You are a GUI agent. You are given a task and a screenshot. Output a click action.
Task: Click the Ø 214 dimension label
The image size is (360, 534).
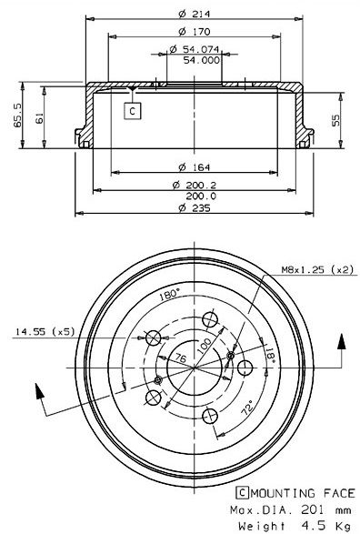click(x=195, y=14)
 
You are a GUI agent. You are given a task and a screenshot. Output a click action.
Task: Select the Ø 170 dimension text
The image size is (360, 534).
click(x=195, y=32)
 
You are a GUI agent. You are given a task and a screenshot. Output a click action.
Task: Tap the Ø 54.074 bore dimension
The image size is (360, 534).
click(x=195, y=49)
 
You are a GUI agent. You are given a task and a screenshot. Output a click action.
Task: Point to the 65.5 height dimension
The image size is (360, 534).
click(x=17, y=116)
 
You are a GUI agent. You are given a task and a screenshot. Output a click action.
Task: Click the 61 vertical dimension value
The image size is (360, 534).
click(x=39, y=118)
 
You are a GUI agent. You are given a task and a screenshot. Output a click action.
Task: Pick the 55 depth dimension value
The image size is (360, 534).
click(x=335, y=120)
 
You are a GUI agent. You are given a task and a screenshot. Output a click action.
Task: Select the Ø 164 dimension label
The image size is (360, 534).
click(x=195, y=167)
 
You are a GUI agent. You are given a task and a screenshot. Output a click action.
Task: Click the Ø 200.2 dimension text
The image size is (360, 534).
click(x=195, y=185)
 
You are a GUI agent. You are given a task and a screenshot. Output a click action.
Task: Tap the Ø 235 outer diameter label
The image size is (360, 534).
click(x=195, y=207)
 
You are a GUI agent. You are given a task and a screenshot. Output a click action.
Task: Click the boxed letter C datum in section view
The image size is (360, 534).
click(x=133, y=111)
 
